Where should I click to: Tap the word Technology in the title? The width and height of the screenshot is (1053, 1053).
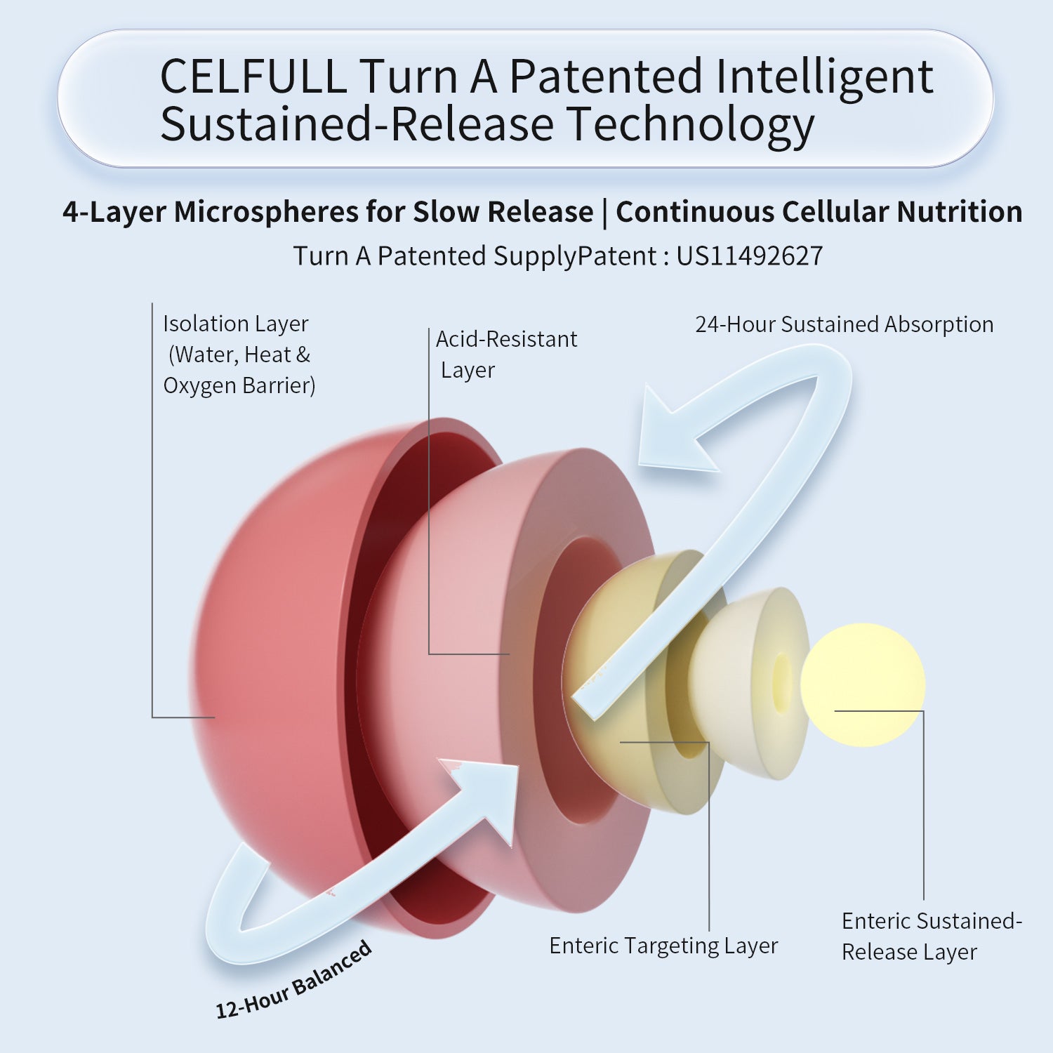coord(691,125)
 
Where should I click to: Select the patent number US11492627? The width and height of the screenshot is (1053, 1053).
coord(749,256)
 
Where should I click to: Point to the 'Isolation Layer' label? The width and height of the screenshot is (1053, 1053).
coord(235,324)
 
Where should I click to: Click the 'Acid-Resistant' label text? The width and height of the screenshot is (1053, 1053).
coord(506,339)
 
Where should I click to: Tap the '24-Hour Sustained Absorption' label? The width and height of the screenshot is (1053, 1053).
coord(844,324)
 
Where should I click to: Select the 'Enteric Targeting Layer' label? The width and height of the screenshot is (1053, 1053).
coord(663,946)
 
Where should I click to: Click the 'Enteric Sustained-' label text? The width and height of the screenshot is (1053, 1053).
coord(932,921)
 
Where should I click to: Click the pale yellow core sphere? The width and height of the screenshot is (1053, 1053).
coord(863,684)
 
